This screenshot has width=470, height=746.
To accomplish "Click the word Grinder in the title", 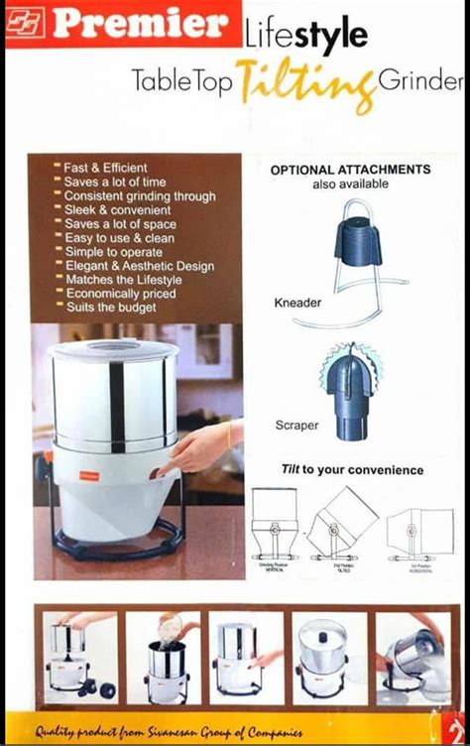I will (x=420, y=79).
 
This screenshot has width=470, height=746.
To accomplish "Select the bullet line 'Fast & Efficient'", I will (x=105, y=168).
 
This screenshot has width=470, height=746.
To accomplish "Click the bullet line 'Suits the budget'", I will (x=110, y=308).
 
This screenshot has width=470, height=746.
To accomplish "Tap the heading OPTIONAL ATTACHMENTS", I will (x=350, y=170).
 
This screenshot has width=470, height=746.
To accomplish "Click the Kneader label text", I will (x=297, y=303).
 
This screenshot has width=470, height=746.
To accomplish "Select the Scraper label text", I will (x=296, y=425).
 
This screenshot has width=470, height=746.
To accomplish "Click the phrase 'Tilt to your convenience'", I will (x=351, y=469).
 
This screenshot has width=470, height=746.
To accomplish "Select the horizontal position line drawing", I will (x=415, y=531).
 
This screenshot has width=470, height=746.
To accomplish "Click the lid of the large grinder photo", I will (x=113, y=349).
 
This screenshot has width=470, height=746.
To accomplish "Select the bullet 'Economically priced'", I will (x=119, y=294).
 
